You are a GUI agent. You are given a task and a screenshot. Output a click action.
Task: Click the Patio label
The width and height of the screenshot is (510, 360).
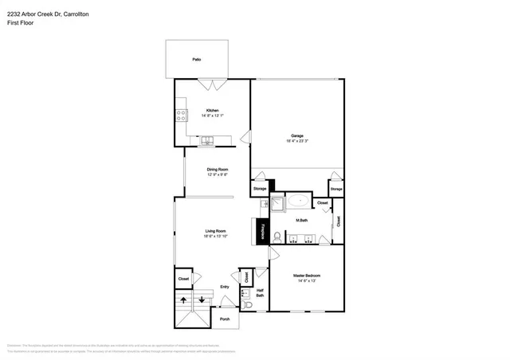196,60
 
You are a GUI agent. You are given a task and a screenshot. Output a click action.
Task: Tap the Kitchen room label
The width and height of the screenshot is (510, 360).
213,110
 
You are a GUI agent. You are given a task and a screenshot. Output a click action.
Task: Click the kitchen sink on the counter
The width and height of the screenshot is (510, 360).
209,143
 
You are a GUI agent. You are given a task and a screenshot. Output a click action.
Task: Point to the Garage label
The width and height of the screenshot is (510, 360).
296,135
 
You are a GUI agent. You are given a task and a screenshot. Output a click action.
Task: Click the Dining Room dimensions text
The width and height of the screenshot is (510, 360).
218,174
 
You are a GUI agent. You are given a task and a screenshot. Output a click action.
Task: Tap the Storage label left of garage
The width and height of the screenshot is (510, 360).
260,189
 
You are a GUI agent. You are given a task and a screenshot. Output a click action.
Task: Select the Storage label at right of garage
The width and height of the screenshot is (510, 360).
336,189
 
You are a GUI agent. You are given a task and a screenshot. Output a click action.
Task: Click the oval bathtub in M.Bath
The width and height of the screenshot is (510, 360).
300,202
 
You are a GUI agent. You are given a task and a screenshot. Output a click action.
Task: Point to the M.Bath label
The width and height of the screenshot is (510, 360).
302,220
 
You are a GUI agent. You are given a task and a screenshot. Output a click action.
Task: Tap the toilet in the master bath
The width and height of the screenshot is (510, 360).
276,237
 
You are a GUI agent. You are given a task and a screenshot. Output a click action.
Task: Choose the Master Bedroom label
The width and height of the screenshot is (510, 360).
307,275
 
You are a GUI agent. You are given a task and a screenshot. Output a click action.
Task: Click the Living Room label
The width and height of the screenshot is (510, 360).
215,231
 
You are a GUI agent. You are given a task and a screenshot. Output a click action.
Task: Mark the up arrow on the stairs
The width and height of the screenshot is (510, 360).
183,300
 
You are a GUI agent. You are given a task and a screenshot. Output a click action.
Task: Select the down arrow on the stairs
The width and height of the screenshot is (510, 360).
202,300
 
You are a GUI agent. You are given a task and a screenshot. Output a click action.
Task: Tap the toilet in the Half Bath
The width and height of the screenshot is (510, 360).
248,304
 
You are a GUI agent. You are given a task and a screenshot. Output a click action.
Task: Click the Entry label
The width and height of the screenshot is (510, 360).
225,287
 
